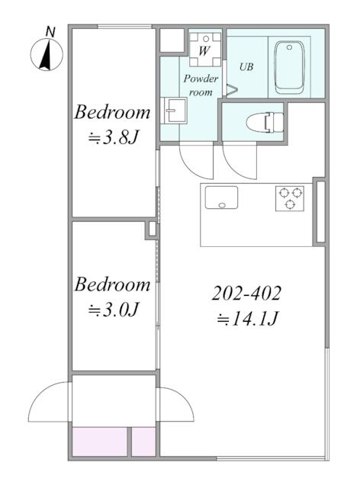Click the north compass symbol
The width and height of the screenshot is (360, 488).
(x=47, y=55)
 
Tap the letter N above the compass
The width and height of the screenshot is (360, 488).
(x=50, y=32)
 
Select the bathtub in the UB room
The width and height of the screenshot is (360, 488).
(x=289, y=67)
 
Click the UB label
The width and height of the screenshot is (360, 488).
(x=246, y=66)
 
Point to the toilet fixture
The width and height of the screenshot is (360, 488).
(x=265, y=122)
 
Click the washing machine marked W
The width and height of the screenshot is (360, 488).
(x=205, y=49)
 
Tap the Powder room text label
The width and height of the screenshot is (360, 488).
(x=201, y=85)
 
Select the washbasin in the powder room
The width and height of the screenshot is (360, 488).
(x=173, y=111)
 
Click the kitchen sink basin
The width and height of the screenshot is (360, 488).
(x=221, y=197)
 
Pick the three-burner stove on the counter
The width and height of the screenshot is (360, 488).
(x=290, y=198)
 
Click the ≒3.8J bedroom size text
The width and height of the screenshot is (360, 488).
(x=112, y=137)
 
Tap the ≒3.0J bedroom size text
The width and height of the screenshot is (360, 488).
(x=112, y=310)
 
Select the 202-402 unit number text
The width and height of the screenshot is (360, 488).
(x=246, y=293)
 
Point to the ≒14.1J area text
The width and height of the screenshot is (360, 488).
(x=247, y=319)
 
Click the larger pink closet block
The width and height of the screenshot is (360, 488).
(x=100, y=441)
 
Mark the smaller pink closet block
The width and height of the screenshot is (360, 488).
(x=143, y=441)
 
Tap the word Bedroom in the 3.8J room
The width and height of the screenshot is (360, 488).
(x=112, y=112)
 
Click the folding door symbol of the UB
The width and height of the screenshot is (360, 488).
(x=232, y=89)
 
